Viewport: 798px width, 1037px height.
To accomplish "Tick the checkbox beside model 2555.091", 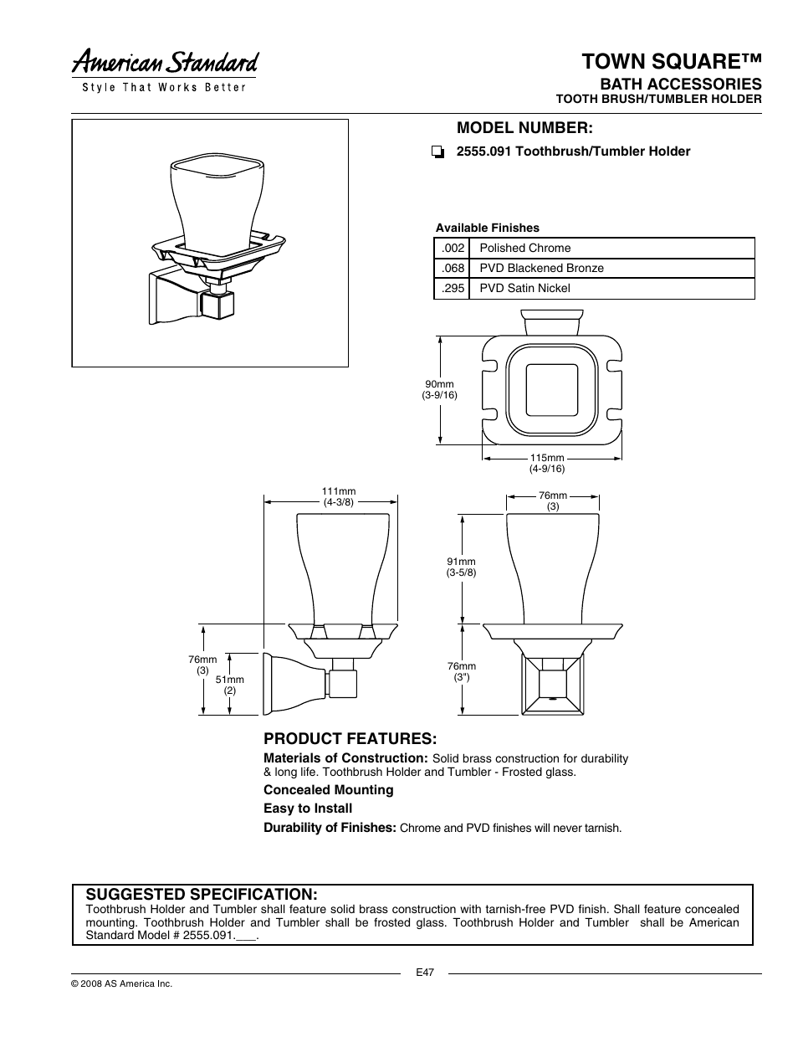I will (437, 152).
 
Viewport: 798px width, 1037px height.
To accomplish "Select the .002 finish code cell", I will (453, 249).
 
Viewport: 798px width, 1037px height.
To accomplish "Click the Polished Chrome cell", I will (525, 249).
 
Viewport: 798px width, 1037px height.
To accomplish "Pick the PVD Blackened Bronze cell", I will (541, 269).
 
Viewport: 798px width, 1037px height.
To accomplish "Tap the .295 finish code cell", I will (453, 289).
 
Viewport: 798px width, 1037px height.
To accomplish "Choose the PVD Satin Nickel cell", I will (524, 289).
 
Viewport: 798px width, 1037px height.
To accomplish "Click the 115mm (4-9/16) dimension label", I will (547, 464).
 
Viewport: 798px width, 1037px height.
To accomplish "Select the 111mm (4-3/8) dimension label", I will (339, 497).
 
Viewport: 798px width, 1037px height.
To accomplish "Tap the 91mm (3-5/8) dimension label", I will (461, 567).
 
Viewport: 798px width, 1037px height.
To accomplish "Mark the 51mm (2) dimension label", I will (229, 685).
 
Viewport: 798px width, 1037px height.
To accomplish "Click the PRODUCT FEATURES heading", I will (350, 739).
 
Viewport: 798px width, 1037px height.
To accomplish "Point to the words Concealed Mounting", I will (328, 790).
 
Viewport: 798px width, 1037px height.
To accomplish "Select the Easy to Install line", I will (308, 809).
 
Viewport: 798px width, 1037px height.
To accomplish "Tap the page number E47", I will (425, 973).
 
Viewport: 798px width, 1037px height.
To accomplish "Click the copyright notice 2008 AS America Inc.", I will (122, 984).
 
